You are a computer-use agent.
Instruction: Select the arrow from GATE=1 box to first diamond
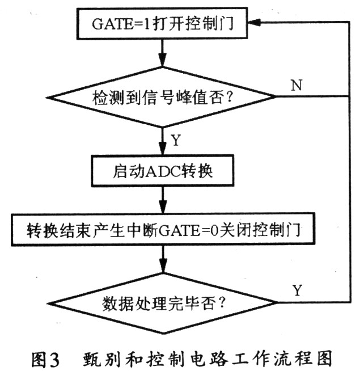click(x=162, y=54)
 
